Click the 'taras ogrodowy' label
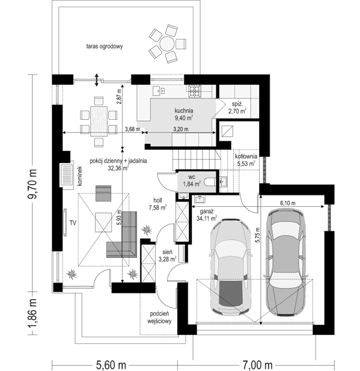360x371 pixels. (x=105, y=46)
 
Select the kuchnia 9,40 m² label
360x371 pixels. (x=184, y=114)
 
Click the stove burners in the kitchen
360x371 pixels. (x=195, y=91)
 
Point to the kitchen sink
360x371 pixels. (x=158, y=91)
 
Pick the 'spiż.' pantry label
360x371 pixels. (x=237, y=103)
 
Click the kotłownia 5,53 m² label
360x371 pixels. (x=246, y=160)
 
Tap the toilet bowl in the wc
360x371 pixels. (x=210, y=182)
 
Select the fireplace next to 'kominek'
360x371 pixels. (x=67, y=174)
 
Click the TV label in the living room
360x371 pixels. (x=73, y=222)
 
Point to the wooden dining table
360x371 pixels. (x=99, y=121)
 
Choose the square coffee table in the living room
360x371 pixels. (x=103, y=222)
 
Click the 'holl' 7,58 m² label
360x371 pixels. (x=158, y=204)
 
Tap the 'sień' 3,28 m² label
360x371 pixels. (x=167, y=256)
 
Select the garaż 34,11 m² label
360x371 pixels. (x=207, y=215)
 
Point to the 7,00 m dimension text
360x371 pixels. (x=257, y=366)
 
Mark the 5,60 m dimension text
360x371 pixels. (x=111, y=366)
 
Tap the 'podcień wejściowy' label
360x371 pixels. (x=159, y=317)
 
